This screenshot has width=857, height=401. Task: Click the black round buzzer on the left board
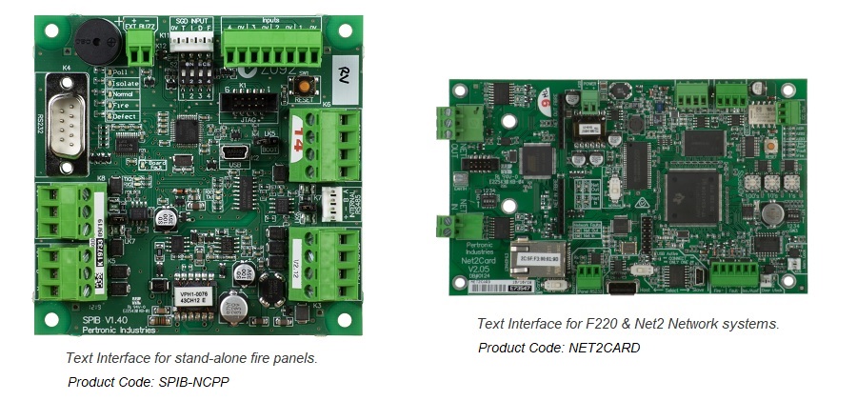coord(96,41)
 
